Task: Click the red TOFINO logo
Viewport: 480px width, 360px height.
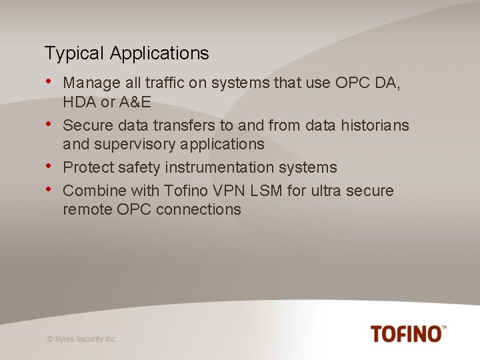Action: click(408, 333)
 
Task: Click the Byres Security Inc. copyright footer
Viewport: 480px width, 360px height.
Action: click(82, 339)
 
